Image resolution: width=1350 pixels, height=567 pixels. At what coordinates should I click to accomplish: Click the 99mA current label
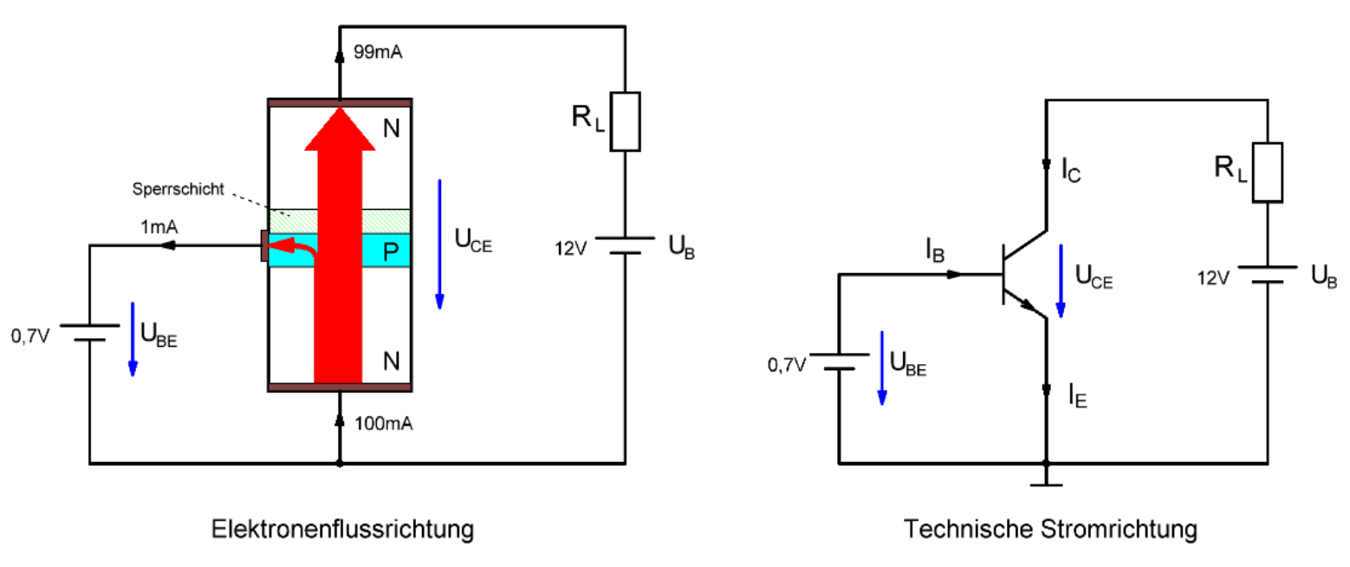click(379, 53)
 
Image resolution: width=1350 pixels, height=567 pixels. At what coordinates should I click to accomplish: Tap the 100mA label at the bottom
click(382, 424)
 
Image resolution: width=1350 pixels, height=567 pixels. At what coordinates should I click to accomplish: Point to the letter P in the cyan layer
click(391, 252)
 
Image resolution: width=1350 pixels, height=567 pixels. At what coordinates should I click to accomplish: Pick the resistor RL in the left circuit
click(625, 121)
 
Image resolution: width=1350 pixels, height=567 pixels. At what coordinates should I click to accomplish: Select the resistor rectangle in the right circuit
click(1268, 172)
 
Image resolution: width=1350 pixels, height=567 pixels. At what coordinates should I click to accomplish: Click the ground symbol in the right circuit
click(1046, 478)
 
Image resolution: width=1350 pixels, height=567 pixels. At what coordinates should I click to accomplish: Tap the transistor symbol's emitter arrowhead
click(1031, 308)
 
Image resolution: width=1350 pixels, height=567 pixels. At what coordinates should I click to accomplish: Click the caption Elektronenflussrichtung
click(343, 529)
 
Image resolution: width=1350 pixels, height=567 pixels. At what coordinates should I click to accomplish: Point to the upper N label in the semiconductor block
click(391, 129)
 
